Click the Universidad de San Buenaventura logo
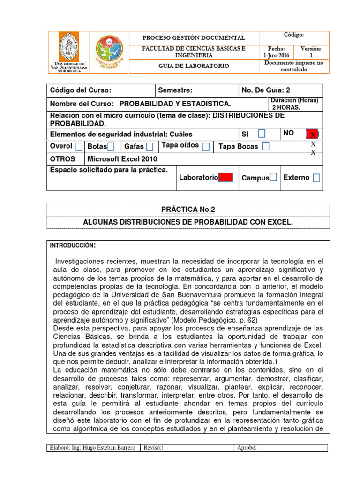pyautogui.click(x=69, y=52)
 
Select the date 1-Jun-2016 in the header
pyautogui.click(x=276, y=55)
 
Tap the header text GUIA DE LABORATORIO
pyautogui.click(x=193, y=66)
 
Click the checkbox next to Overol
pyautogui.click(x=79, y=147)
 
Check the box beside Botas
pyautogui.click(x=112, y=147)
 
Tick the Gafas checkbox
pyautogui.click(x=150, y=147)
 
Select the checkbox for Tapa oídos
pyautogui.click(x=206, y=147)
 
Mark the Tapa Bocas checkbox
pyautogui.click(x=266, y=146)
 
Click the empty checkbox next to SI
pyautogui.click(x=261, y=135)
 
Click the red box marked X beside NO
pyautogui.click(x=313, y=135)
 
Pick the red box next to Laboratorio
pyautogui.click(x=226, y=177)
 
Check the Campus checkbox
pyautogui.click(x=273, y=177)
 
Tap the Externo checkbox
pyautogui.click(x=317, y=178)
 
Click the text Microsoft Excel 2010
pyautogui.click(x=122, y=159)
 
